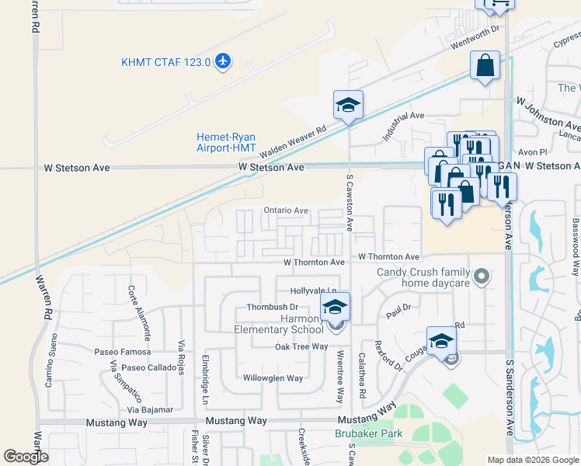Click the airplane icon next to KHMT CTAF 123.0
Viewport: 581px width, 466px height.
[223, 61]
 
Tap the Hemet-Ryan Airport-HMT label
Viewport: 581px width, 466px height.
[225, 142]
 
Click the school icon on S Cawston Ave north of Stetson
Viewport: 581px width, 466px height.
[348, 105]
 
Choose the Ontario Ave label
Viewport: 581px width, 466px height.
[285, 210]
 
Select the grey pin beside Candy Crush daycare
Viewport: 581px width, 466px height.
[482, 275]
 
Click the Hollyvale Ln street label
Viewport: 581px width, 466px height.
[312, 290]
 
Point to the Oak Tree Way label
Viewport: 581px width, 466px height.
[301, 346]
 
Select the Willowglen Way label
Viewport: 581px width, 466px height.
[273, 378]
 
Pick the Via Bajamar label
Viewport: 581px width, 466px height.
[151, 408]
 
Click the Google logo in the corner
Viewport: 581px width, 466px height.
[26, 457]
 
